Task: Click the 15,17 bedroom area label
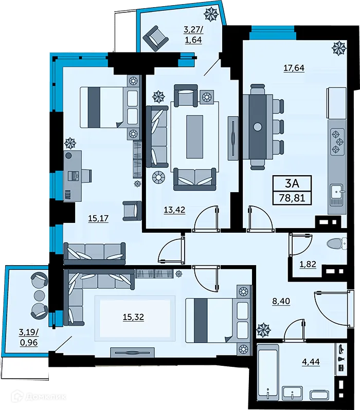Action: pyautogui.click(x=98, y=218)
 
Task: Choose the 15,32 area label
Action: pyautogui.click(x=133, y=317)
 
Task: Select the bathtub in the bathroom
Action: pyautogui.click(x=268, y=373)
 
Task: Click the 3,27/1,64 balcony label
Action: pyautogui.click(x=194, y=33)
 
